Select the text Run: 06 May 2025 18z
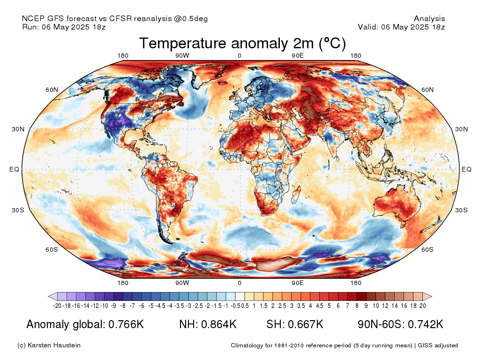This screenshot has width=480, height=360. [x=64, y=27]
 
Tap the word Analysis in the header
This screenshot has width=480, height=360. [x=429, y=19]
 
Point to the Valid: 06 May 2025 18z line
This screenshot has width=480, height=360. [x=401, y=27]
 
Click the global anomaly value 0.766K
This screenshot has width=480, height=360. [x=126, y=324]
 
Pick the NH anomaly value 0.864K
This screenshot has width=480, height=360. [x=219, y=324]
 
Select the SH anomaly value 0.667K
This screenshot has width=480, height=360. [x=306, y=324]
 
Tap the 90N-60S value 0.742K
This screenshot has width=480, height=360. [x=426, y=324]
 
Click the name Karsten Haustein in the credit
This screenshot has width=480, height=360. [x=54, y=345]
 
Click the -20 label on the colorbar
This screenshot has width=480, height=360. [x=57, y=306]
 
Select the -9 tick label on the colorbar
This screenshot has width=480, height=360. [x=113, y=306]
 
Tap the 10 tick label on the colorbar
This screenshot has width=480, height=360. [x=375, y=306]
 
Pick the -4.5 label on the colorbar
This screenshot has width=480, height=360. [x=161, y=306]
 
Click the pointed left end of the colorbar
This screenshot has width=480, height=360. [x=49, y=296]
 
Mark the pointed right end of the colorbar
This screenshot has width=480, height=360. [x=431, y=296]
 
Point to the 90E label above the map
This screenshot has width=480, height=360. [x=297, y=55]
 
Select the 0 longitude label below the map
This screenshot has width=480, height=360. [x=240, y=283]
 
